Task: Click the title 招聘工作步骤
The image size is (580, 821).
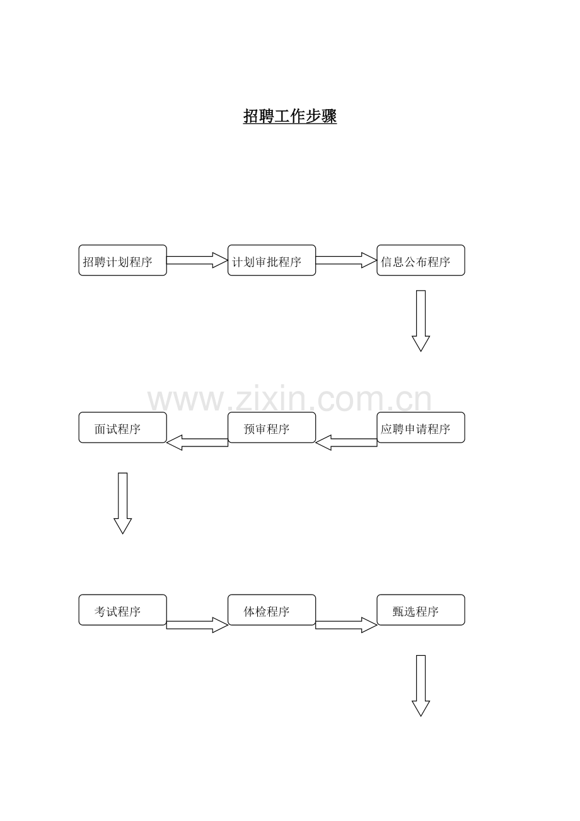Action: (290, 116)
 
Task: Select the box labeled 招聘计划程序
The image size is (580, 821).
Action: (123, 260)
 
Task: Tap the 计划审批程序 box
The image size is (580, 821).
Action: (272, 260)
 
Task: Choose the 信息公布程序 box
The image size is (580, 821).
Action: (420, 260)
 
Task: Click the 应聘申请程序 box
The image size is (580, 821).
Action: (420, 428)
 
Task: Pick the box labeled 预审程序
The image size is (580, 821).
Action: (272, 428)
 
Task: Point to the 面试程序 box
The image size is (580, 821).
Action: (123, 428)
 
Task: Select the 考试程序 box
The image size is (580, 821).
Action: (123, 610)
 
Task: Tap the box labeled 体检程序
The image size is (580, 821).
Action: (272, 610)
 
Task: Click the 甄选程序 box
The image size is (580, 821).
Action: (420, 610)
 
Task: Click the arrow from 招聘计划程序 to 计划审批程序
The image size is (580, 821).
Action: (197, 260)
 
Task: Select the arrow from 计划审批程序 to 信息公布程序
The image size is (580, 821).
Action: (346, 260)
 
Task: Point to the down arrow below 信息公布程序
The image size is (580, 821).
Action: (420, 321)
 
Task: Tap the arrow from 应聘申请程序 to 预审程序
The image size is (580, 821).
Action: (346, 443)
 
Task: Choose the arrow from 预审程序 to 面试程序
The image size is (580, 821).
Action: (197, 443)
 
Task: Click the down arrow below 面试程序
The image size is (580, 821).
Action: (123, 503)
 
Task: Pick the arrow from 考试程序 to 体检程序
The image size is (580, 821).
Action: (197, 625)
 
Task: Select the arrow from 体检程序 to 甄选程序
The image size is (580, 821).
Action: (346, 625)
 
